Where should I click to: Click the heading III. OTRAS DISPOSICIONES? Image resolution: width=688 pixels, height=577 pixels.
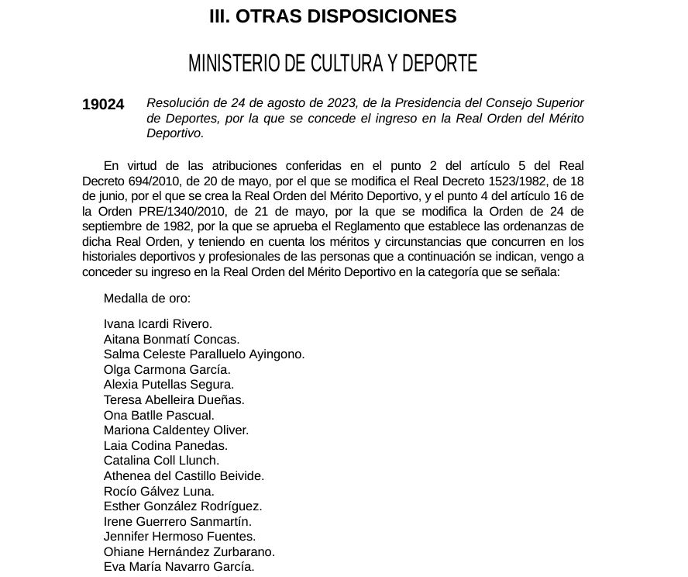point(333,16)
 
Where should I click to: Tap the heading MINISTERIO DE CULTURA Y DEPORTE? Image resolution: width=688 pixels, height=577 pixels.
point(333,64)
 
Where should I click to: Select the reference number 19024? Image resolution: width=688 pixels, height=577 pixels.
point(103,105)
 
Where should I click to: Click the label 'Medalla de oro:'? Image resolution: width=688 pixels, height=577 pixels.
point(147,299)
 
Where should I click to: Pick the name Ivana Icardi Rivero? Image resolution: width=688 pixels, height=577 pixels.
point(158,324)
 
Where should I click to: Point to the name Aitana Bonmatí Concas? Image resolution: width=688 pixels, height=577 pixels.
point(172,339)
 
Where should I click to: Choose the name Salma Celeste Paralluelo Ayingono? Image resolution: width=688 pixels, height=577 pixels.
point(205,354)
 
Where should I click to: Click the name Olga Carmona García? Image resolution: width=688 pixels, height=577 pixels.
point(167,370)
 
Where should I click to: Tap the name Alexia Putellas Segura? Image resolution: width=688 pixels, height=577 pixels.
point(169,385)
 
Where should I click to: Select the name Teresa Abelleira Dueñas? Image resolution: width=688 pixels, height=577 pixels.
point(174,400)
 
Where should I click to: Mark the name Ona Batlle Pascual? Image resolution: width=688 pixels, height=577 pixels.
point(159,416)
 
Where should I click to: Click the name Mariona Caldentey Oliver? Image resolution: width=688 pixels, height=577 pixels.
point(177,430)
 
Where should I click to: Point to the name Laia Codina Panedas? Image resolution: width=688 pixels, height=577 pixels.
point(166,446)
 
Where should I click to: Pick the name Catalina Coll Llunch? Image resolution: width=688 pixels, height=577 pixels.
point(162,461)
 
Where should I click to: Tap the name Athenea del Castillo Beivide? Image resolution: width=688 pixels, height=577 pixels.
point(184,476)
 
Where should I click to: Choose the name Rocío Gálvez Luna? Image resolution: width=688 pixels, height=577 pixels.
point(160,492)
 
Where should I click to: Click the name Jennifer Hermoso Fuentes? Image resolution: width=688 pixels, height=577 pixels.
point(180,537)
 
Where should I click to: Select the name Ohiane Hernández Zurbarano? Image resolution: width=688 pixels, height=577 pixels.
point(190,552)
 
